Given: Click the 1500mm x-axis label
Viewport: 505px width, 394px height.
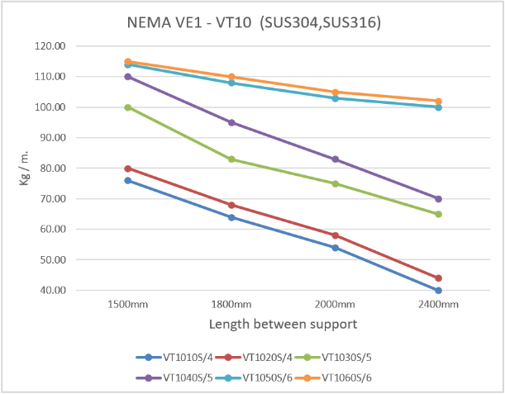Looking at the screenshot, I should pyautogui.click(x=128, y=305).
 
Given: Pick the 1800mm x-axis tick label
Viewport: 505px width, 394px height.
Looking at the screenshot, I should pyautogui.click(x=231, y=305).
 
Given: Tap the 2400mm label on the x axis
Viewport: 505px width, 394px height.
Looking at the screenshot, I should pyautogui.click(x=438, y=305).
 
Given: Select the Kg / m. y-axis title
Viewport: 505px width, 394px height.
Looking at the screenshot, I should pyautogui.click(x=26, y=168).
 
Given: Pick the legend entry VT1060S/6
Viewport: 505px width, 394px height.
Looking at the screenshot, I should pyautogui.click(x=346, y=377).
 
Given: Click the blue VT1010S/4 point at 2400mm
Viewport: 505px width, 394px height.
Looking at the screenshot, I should pyautogui.click(x=438, y=291).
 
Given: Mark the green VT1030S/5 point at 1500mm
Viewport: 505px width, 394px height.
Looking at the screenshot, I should pyautogui.click(x=128, y=107).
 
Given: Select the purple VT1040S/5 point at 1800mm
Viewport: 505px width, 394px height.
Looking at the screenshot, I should pyautogui.click(x=231, y=122).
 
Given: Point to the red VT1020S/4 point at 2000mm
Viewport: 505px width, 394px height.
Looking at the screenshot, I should pyautogui.click(x=335, y=235).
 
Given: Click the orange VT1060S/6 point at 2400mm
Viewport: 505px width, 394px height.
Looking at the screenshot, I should pyautogui.click(x=438, y=101).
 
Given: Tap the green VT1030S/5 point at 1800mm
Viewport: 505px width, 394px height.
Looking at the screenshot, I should pyautogui.click(x=231, y=159).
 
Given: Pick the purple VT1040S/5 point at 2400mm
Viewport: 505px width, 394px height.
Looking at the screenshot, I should pyautogui.click(x=438, y=199).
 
